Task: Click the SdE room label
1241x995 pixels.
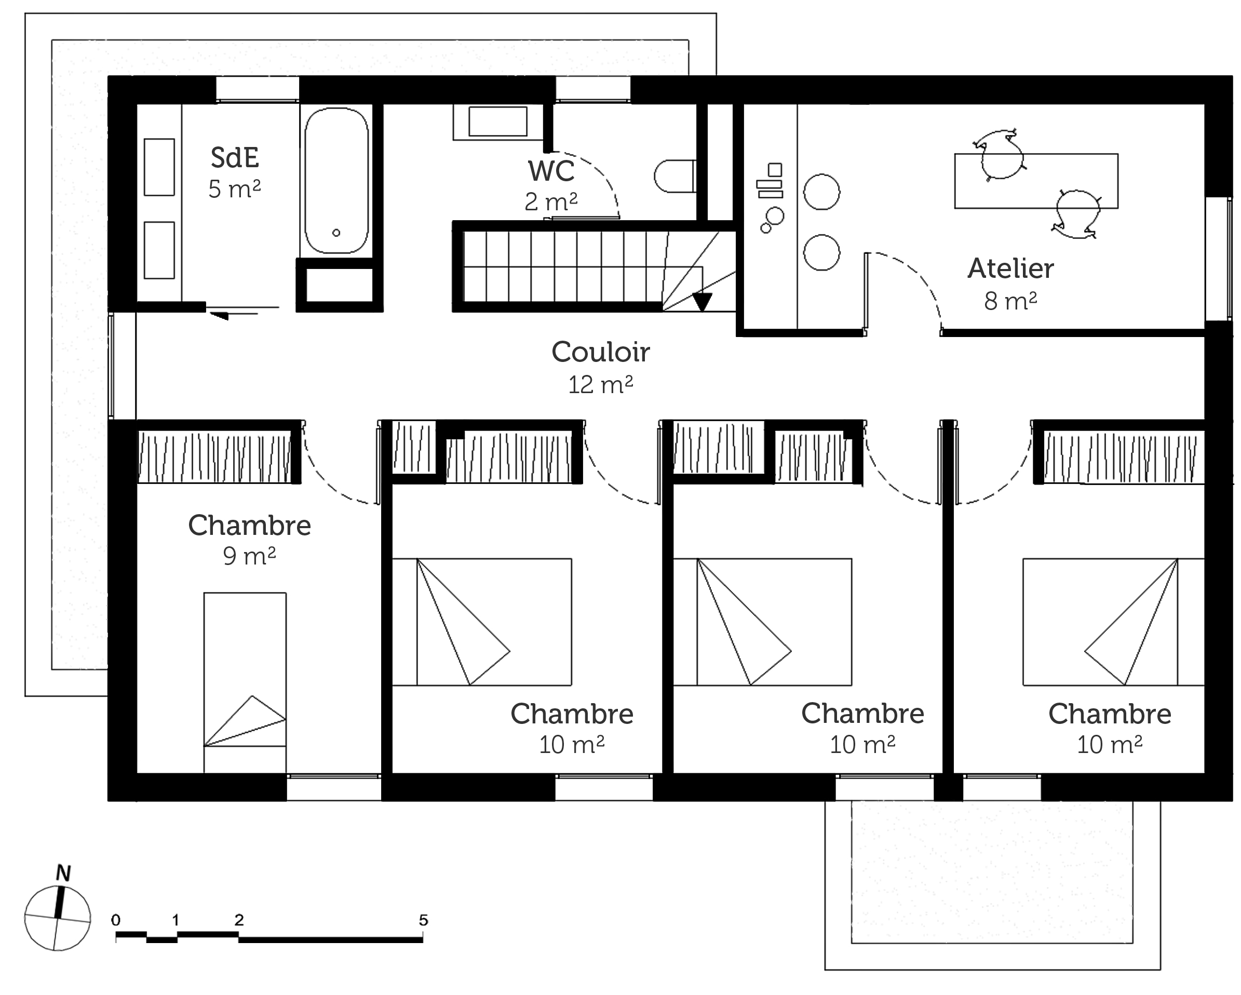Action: [x=235, y=158]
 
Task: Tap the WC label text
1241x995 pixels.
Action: [x=551, y=171]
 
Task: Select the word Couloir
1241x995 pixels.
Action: [x=601, y=352]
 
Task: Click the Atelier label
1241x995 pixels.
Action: [x=1011, y=268]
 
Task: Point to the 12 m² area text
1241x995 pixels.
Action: [x=601, y=385]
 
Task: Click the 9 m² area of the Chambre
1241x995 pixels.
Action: [x=249, y=556]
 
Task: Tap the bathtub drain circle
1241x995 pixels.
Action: [x=336, y=233]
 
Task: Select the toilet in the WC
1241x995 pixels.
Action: [x=675, y=176]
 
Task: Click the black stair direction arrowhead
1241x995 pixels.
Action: [x=702, y=302]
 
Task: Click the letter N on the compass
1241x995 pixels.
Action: [x=63, y=873]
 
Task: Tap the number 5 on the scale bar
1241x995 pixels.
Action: [x=424, y=920]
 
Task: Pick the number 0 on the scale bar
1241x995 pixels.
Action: [x=116, y=920]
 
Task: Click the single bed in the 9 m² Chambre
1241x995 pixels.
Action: [x=245, y=682]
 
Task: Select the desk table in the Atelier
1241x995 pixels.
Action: [x=1036, y=181]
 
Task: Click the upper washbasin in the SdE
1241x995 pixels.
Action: [x=159, y=167]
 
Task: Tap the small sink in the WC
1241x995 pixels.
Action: [x=498, y=122]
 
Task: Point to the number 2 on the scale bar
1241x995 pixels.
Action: [x=239, y=920]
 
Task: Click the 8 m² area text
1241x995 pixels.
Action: [x=1011, y=301]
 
